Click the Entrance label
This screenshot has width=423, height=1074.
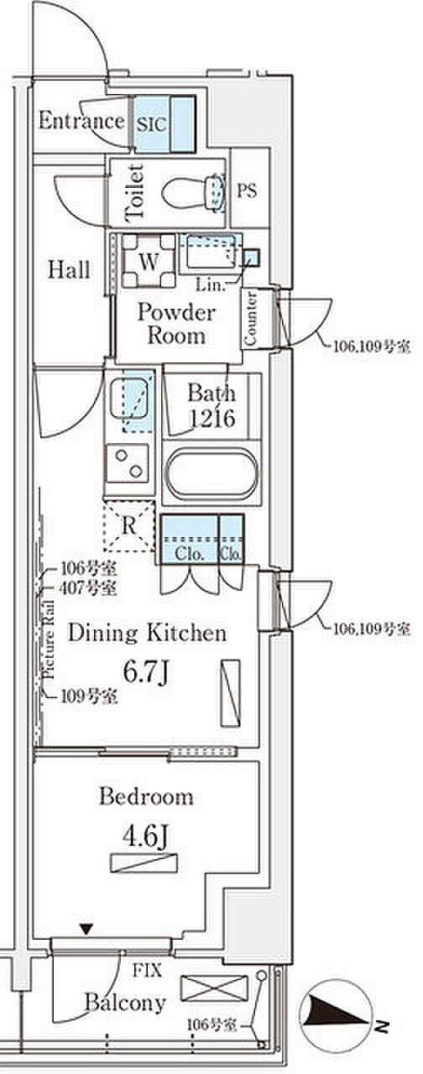tap(81, 120)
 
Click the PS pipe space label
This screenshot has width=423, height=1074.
tap(247, 190)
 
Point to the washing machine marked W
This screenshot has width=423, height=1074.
tap(149, 261)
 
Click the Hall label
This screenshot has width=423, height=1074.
tap(69, 270)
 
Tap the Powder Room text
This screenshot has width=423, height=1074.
tap(176, 323)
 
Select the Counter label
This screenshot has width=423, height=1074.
tap(250, 318)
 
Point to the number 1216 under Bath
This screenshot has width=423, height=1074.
tap(211, 418)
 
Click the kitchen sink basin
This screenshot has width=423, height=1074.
tap(128, 398)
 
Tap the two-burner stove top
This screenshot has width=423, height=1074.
tap(128, 463)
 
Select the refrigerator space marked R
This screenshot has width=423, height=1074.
tap(129, 526)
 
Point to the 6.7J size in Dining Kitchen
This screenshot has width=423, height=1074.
tap(146, 672)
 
